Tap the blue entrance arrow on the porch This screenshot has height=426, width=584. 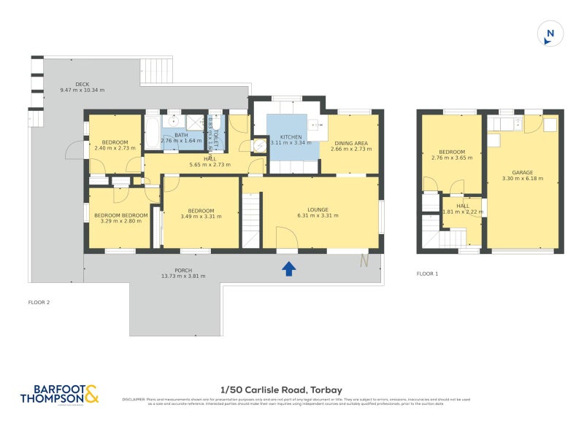pyautogui.click(x=289, y=269)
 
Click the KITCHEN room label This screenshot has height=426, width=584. pyautogui.click(x=291, y=136)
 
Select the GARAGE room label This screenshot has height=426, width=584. pyautogui.click(x=523, y=172)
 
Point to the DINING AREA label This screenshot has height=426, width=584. pyautogui.click(x=351, y=143)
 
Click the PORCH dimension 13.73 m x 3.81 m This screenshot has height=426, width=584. pyautogui.click(x=183, y=276)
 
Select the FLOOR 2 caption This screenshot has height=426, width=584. pyautogui.click(x=39, y=302)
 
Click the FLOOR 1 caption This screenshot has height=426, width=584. pyautogui.click(x=427, y=274)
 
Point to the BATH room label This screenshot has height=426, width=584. pyautogui.click(x=180, y=134)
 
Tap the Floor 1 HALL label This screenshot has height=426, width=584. pyautogui.click(x=463, y=206)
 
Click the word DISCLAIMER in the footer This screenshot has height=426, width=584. pyautogui.click(x=134, y=400)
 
